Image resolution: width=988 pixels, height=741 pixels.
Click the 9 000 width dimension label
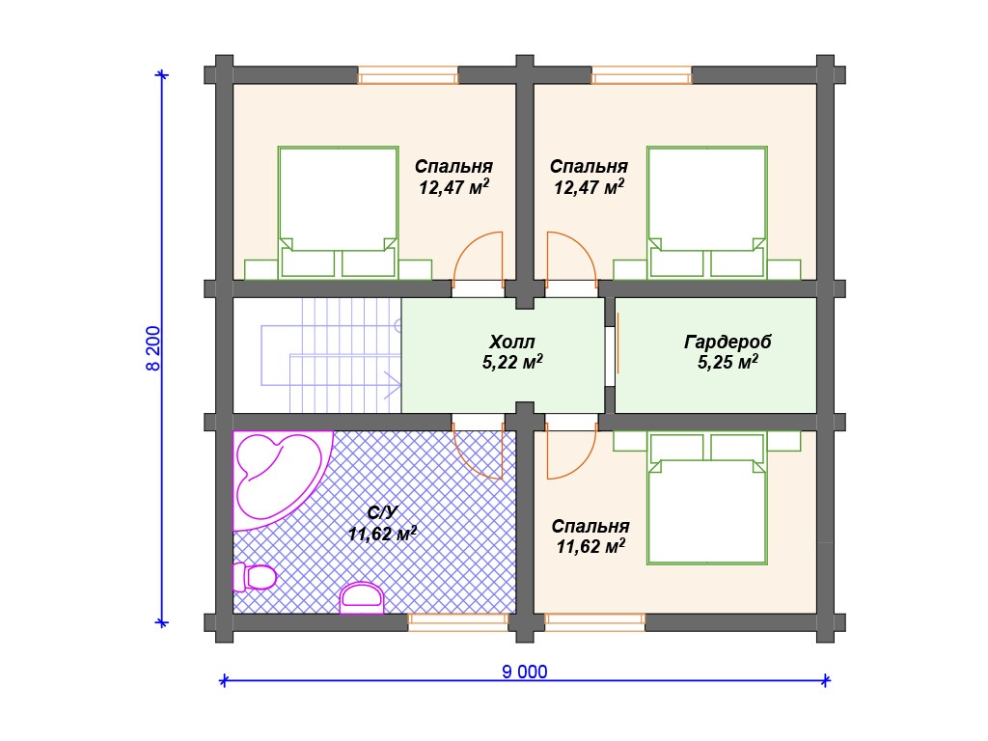point(524,672)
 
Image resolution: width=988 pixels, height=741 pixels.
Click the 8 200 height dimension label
point(153,348)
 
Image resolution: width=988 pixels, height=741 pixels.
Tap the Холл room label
point(511,343)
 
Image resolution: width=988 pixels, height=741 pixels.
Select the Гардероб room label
point(727,343)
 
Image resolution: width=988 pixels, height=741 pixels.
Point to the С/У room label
point(382,512)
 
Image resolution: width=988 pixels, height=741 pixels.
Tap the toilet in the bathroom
point(255,577)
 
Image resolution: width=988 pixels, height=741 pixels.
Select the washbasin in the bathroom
point(362,598)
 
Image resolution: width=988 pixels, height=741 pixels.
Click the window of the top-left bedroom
point(408,75)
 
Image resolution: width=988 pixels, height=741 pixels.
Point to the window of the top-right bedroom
point(642,75)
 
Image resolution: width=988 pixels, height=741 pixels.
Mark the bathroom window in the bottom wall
point(458,622)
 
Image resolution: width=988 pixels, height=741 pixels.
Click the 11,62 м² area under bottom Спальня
point(590,546)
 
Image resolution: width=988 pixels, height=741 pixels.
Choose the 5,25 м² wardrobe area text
point(727,363)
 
